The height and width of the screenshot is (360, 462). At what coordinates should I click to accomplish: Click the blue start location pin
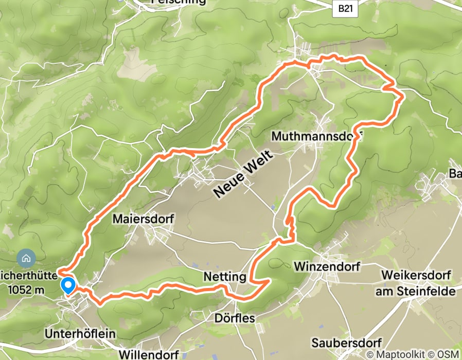pyautogui.click(x=67, y=285)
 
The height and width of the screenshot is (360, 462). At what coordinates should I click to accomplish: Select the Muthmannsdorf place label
pyautogui.click(x=316, y=137)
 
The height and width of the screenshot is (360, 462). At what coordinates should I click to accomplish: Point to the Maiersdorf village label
pyautogui.click(x=143, y=219)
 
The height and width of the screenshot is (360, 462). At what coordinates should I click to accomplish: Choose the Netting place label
pyautogui.click(x=224, y=277)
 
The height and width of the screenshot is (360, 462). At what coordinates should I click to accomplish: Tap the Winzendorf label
pyautogui.click(x=327, y=266)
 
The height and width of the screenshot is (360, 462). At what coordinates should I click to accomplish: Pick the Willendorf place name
pyautogui.click(x=149, y=354)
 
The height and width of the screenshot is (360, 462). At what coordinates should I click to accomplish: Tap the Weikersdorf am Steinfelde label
pyautogui.click(x=419, y=283)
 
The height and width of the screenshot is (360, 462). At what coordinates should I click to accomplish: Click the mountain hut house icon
pyautogui.click(x=25, y=256)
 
